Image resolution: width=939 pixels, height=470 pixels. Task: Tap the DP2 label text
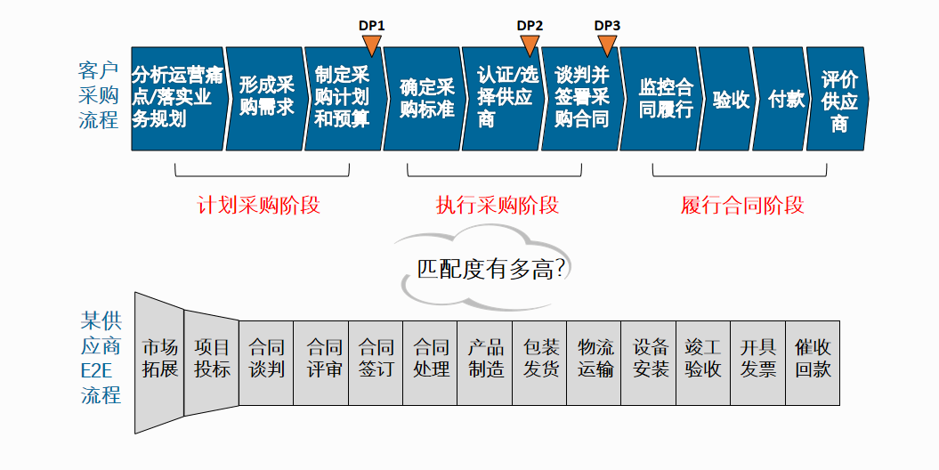point(530,25)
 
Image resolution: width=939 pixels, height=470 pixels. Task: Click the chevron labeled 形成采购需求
point(266,99)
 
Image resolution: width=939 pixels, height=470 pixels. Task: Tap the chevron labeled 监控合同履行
point(663,99)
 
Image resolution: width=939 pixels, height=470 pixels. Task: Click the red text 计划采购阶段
point(258,206)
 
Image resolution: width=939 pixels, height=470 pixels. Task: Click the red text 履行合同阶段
point(742,206)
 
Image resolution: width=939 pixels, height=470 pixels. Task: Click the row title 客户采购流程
point(99,95)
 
